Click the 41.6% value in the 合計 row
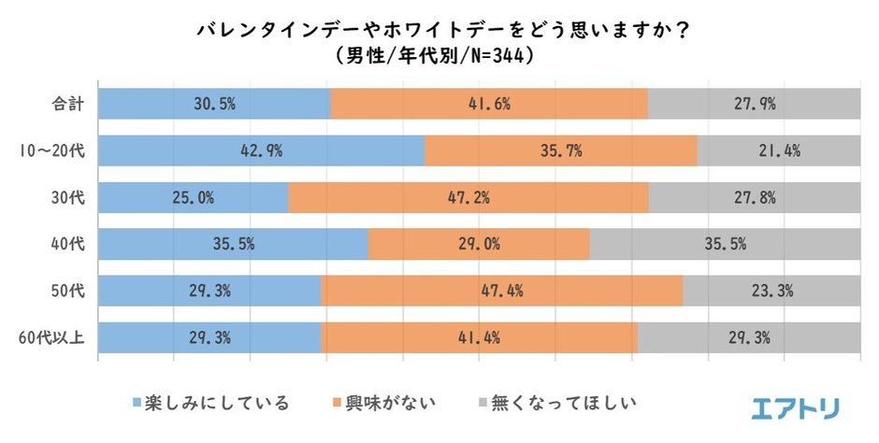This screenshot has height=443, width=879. point(489,104)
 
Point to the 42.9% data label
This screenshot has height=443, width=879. point(263,150)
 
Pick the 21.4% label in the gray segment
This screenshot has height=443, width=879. point(779,150)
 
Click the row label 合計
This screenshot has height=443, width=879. point(68,104)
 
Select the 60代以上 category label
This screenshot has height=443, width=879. point(53,337)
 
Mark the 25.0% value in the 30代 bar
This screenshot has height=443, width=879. point(195,197)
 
